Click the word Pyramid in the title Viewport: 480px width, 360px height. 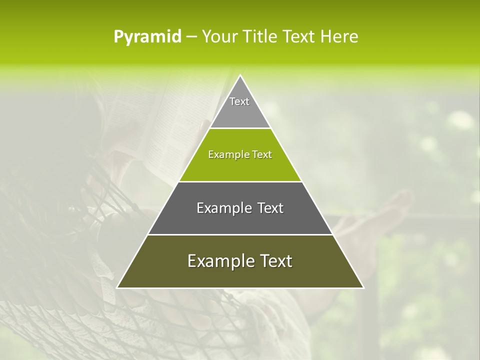tap(147, 37)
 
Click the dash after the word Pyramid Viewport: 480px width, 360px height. tap(191, 37)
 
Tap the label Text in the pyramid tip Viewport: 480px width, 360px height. tap(239, 101)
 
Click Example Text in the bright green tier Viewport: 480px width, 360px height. tap(240, 154)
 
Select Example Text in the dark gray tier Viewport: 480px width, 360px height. tap(240, 208)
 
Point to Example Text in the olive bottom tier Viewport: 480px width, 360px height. tap(240, 261)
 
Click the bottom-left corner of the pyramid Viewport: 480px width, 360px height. tap(117, 287)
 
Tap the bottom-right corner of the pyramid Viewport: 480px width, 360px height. tap(363, 287)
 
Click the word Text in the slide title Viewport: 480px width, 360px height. tap(299, 37)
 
